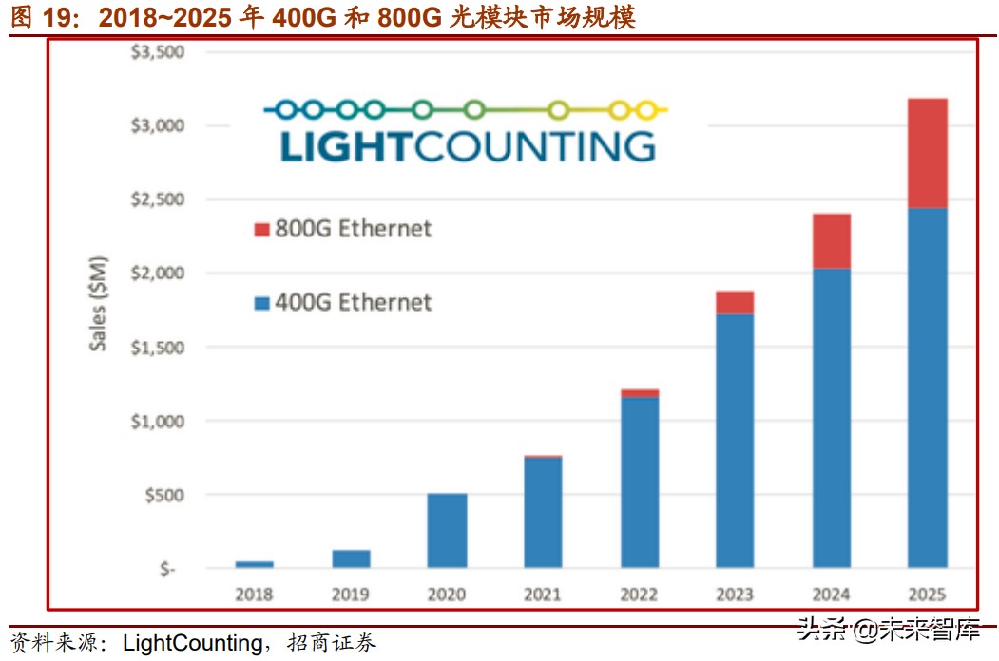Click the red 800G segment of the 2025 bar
click(x=927, y=153)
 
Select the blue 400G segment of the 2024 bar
click(x=831, y=418)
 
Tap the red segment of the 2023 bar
click(x=734, y=302)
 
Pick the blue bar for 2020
click(x=447, y=530)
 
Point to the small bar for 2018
click(x=254, y=564)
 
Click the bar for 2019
click(x=351, y=558)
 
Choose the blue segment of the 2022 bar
click(x=639, y=482)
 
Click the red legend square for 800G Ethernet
click(x=262, y=230)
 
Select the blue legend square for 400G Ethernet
click(x=262, y=304)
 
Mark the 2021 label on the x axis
click(x=543, y=595)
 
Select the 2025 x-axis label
click(x=927, y=595)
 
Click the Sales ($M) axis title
click(x=98, y=304)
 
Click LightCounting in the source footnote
click(x=193, y=643)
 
